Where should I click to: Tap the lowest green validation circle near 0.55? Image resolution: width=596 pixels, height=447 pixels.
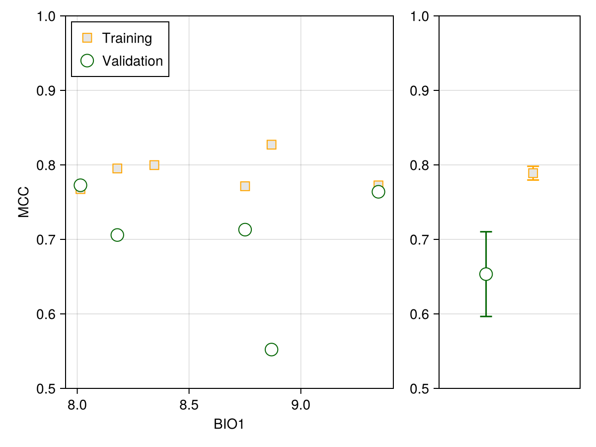(271, 350)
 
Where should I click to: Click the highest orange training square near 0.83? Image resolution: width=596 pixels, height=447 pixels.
(271, 145)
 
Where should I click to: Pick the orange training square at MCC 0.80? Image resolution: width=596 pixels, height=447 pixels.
(154, 165)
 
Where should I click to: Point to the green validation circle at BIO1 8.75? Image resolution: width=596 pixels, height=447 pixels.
(245, 229)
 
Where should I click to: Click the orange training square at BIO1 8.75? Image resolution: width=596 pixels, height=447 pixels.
(245, 186)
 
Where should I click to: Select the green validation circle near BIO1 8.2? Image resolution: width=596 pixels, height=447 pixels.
(117, 235)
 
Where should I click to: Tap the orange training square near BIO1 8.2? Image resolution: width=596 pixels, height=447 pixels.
(117, 168)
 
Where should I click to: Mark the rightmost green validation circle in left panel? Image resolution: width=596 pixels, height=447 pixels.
(378, 192)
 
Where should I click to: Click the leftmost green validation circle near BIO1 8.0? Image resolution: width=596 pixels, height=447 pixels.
(80, 185)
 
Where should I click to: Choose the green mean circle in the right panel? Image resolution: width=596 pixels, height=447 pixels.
(486, 274)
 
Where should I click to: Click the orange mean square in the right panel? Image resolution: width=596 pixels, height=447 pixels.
(533, 173)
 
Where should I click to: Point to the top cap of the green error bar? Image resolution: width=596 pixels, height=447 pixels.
(486, 231)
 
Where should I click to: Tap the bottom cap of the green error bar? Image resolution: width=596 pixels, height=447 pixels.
(486, 316)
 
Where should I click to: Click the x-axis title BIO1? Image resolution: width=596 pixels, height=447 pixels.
(229, 425)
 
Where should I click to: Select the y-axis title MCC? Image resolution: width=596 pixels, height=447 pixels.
(23, 202)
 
